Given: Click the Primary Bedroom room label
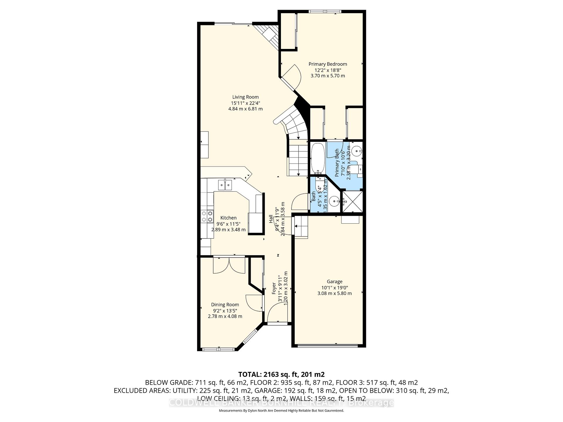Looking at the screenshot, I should (x=328, y=64).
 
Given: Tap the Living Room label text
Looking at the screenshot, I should (x=245, y=97).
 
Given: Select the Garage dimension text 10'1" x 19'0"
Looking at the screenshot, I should (x=334, y=287).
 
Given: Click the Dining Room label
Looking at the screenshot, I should (x=225, y=305).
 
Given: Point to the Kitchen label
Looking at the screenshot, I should (x=228, y=218).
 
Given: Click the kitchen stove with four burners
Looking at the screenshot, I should (x=207, y=217).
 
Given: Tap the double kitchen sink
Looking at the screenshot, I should (x=225, y=185).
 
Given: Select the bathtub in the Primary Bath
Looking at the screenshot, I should (x=317, y=158).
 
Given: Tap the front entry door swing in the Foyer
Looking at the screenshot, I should (x=277, y=312).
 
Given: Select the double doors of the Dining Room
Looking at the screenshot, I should (x=229, y=265).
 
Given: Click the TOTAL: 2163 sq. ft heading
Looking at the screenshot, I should (x=281, y=374).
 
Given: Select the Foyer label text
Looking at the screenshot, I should (x=274, y=288).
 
